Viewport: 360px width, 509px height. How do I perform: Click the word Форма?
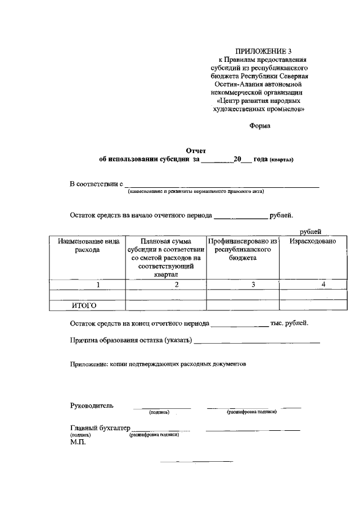[x=260, y=126]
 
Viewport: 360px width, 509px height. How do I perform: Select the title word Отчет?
[x=196, y=150]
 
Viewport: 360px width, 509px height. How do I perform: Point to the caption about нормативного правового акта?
[x=195, y=191]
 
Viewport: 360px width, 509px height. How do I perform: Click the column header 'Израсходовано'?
[x=313, y=241]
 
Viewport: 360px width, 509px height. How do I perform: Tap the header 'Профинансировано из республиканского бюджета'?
[x=243, y=249]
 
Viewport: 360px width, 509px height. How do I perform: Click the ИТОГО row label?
[x=84, y=305]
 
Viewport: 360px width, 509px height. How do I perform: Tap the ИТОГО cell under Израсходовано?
[x=313, y=305]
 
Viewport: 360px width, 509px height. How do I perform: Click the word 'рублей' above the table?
[x=310, y=231]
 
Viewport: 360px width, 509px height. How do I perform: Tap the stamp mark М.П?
[x=77, y=442]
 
